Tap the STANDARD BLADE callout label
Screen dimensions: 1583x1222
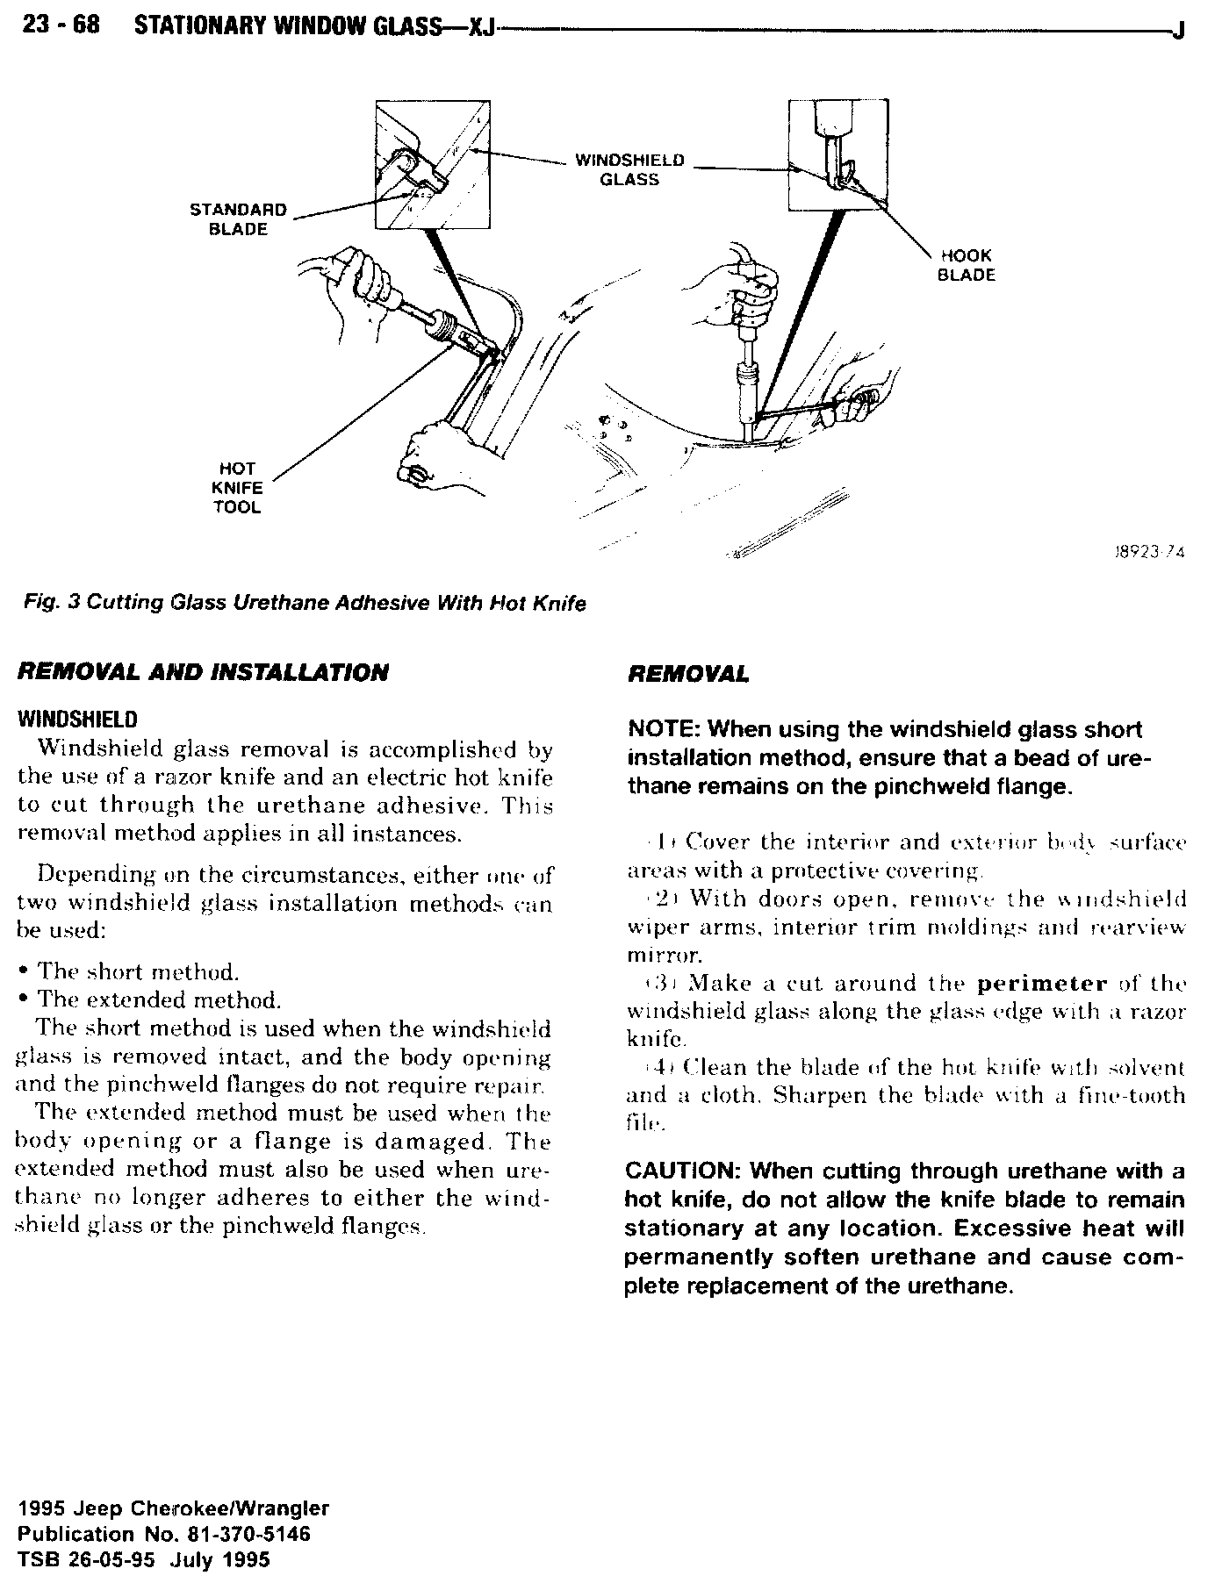coord(239,219)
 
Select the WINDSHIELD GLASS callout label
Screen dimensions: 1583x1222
coord(629,170)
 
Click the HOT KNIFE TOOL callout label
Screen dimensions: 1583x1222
coord(238,488)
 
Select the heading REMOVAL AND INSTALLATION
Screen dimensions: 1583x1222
coord(203,673)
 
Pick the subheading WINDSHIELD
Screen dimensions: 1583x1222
coord(77,720)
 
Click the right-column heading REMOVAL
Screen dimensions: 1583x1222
coord(688,674)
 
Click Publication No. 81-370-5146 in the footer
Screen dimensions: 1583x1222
coord(163,1534)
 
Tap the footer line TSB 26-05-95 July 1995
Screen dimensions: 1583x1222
coord(144,1559)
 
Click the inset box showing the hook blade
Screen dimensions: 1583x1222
coord(837,155)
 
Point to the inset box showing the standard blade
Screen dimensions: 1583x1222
coord(432,164)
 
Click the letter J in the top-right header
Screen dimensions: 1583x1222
coord(1178,31)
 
